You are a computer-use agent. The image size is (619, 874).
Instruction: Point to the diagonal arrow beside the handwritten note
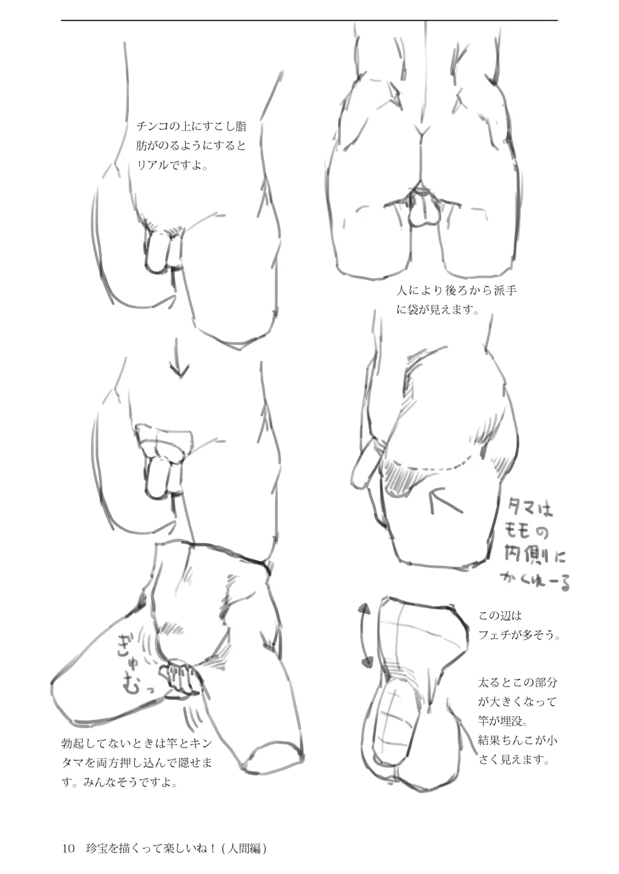446,501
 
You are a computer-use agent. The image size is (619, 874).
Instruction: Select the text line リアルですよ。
172,166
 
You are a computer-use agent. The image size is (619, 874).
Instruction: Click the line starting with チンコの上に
191,127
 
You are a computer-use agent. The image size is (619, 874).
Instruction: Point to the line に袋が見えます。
438,310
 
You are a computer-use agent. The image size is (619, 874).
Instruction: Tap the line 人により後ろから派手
456,291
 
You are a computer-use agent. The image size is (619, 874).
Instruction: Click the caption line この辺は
500,616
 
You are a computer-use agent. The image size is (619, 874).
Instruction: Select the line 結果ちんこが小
518,740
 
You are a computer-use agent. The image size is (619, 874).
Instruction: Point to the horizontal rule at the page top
309,20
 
